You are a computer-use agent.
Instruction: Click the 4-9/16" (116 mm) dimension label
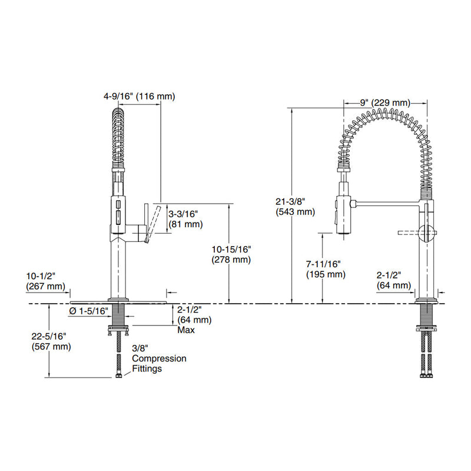140,96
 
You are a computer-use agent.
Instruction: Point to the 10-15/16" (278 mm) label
232,254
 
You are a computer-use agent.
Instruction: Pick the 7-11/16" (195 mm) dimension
325,269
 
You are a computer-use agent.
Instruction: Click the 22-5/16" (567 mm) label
51,341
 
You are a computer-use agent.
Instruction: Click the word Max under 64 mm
186,330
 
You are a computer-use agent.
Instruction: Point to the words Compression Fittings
158,363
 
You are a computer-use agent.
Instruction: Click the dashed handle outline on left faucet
155,220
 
